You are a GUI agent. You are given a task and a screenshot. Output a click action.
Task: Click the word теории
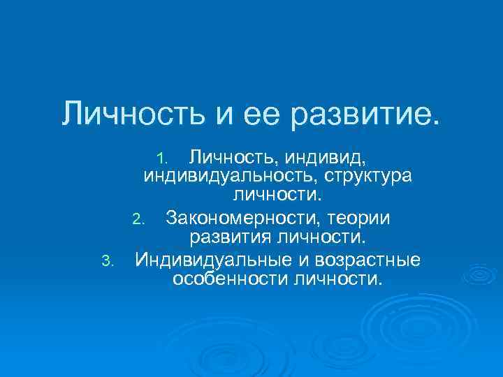coord(358,219)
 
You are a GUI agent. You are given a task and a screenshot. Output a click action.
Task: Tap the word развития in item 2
coord(230,239)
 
